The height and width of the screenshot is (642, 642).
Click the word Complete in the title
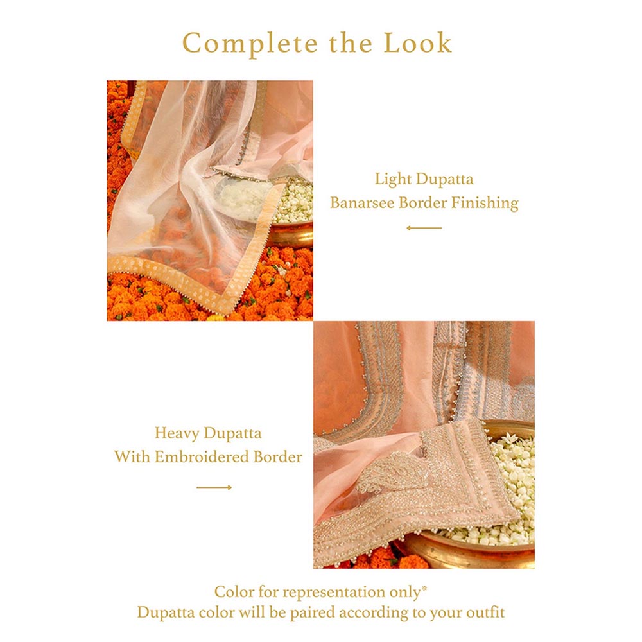(250, 44)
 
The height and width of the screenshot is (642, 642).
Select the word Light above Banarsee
(393, 180)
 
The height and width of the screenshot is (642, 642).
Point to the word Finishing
(485, 204)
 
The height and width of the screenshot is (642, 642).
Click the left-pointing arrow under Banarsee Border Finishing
(424, 228)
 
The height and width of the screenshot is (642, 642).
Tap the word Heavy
(177, 433)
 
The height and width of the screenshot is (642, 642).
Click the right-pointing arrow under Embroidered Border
(214, 487)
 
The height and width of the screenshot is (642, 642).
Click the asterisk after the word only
(424, 589)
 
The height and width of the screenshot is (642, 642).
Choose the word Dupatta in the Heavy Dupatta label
(232, 434)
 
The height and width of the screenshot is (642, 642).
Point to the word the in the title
(351, 44)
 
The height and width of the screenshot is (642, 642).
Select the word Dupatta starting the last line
(166, 614)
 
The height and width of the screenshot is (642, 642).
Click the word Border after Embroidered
(278, 457)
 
